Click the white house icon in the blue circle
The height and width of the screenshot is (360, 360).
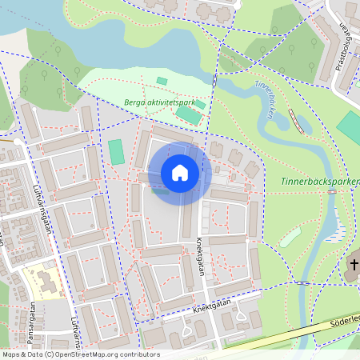180,173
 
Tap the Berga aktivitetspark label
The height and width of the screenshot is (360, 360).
160,102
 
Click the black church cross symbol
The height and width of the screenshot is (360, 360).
354,264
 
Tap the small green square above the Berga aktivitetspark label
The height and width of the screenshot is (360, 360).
162,81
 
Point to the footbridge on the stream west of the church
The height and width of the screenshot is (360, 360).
302,282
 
